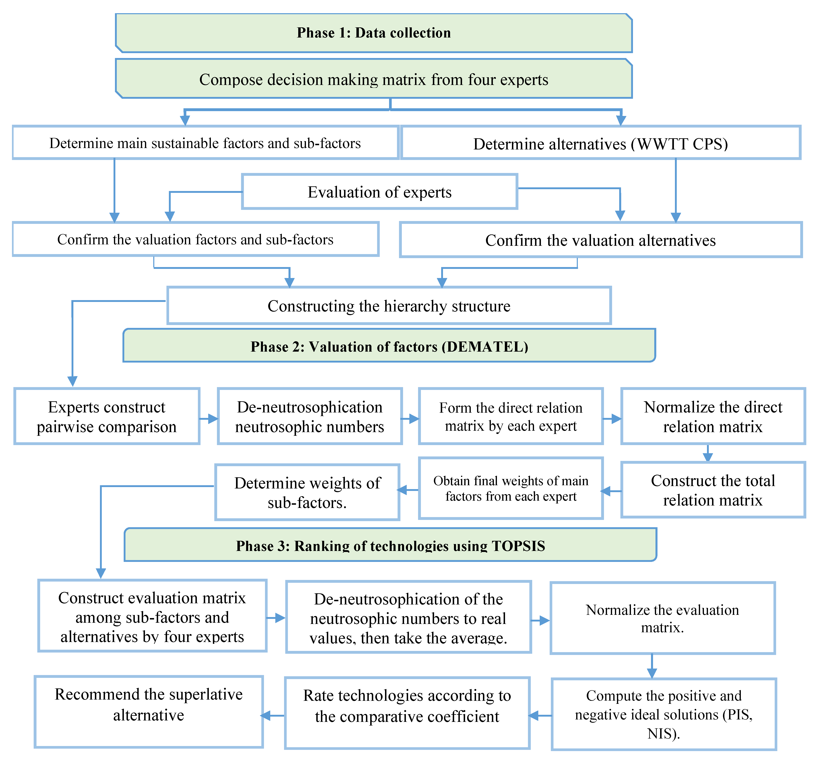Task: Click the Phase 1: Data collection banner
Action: [374, 33]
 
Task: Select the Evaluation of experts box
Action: [380, 192]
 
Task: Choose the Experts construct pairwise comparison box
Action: [107, 416]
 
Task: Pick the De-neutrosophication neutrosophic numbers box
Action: [310, 416]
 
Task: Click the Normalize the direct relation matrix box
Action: [713, 416]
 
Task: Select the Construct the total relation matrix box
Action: [713, 490]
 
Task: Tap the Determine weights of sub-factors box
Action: [307, 493]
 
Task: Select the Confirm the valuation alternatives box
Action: [600, 240]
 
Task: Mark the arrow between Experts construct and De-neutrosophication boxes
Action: [209, 419]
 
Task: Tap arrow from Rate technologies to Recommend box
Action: [273, 715]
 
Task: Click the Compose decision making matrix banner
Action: [374, 79]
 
